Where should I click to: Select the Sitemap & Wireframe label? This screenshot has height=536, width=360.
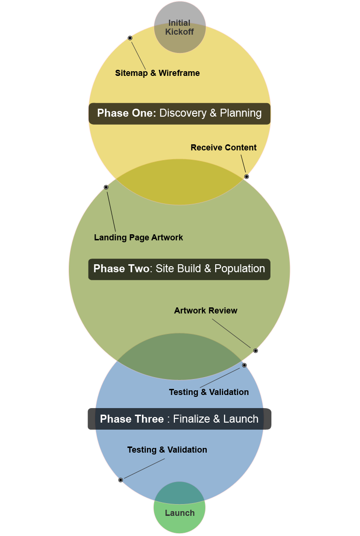157,73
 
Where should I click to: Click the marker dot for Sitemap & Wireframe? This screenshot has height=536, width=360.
130,38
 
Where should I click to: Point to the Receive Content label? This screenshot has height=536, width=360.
224,148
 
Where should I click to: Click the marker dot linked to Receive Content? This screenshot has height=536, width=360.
247,177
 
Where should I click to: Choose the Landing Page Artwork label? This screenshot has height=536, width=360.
138,238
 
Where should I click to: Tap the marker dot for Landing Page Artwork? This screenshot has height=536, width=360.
106,187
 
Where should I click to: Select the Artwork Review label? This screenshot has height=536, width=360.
206,311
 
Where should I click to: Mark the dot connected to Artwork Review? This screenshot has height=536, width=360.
255,351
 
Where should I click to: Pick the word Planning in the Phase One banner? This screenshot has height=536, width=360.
240,113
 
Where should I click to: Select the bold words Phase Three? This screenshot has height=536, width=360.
132,419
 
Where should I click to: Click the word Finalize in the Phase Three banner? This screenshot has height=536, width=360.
191,419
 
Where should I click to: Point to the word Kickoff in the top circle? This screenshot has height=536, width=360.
180,32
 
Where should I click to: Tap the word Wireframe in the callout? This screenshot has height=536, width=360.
179,73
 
